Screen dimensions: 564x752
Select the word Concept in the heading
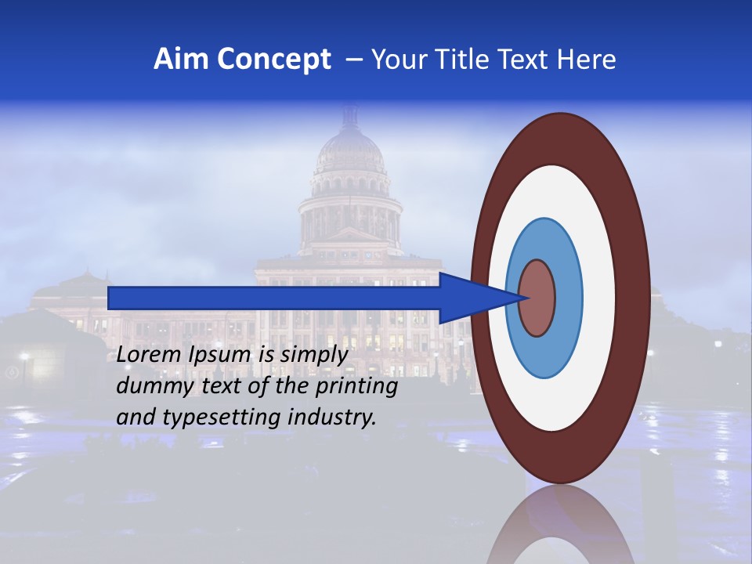click(x=274, y=60)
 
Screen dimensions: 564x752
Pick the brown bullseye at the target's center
click(x=537, y=298)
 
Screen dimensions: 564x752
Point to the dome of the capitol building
click(x=349, y=153)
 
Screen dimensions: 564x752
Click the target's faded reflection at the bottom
click(x=560, y=529)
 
